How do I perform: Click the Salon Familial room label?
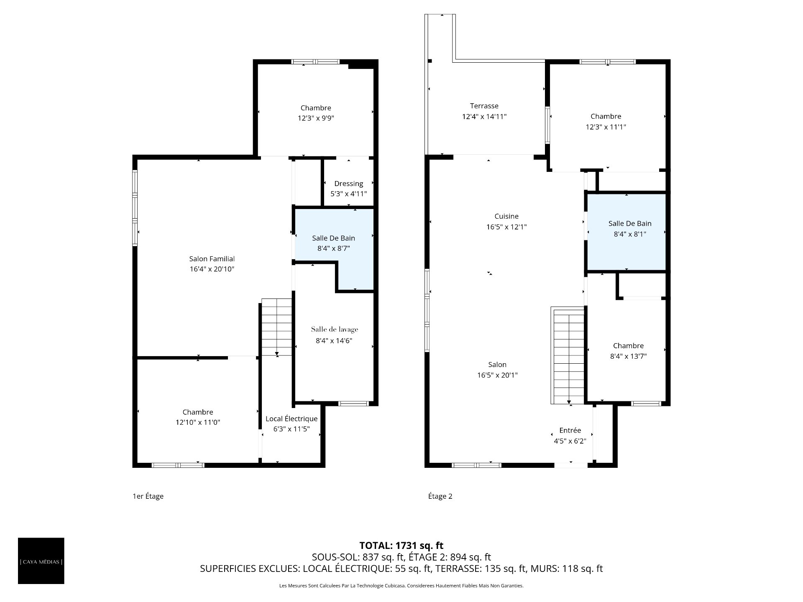click(x=212, y=259)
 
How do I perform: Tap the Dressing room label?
click(x=349, y=184)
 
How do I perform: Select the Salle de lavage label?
click(x=335, y=329)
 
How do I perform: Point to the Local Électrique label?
click(x=292, y=419)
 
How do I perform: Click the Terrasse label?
click(x=484, y=106)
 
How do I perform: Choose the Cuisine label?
click(x=506, y=217)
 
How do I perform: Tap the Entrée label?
click(x=570, y=431)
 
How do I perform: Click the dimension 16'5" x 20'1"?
click(x=497, y=375)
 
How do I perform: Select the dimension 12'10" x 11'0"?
click(x=198, y=423)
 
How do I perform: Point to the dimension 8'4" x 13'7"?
click(x=628, y=357)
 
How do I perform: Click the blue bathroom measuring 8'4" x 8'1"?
click(x=627, y=232)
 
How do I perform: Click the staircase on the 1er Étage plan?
click(x=276, y=327)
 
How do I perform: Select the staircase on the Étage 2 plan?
click(x=568, y=355)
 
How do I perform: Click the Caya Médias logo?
click(x=41, y=561)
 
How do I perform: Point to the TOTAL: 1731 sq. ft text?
click(x=401, y=546)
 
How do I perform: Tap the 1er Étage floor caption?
click(x=148, y=497)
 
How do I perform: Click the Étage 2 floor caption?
click(x=440, y=497)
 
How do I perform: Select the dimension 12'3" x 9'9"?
click(x=316, y=118)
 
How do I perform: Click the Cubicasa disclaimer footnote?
click(x=401, y=586)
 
